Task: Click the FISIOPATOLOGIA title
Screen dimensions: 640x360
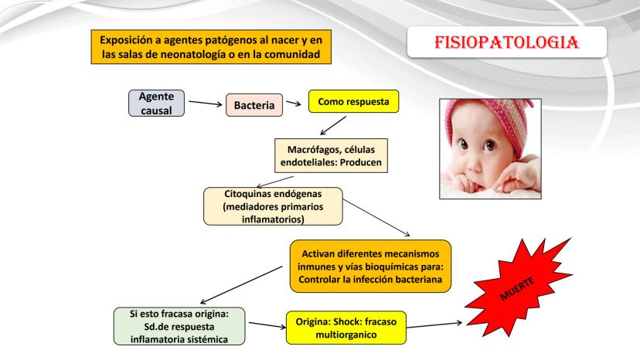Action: (506, 42)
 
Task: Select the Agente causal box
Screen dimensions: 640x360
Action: (156, 104)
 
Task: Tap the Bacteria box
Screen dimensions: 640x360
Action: (254, 105)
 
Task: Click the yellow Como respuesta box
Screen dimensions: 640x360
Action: (353, 101)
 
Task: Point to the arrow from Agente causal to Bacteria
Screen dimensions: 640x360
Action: (206, 103)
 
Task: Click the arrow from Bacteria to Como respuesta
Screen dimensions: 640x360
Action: (294, 104)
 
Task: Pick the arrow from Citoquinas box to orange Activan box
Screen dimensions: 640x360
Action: (376, 218)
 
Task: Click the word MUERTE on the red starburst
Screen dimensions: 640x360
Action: (517, 289)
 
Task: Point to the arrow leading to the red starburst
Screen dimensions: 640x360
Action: (434, 325)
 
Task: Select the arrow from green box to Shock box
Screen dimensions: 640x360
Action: (267, 325)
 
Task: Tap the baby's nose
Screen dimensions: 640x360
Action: (475, 163)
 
